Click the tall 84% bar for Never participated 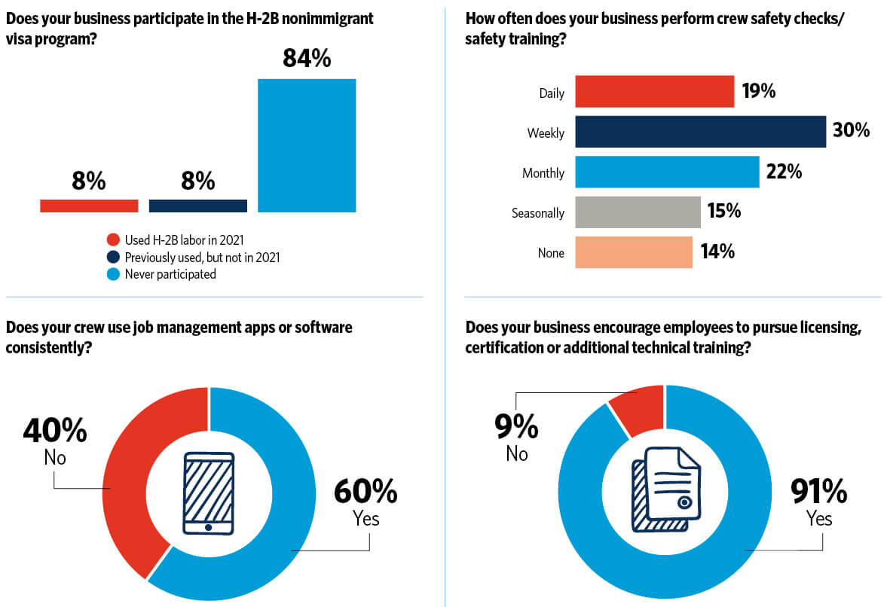click(x=307, y=145)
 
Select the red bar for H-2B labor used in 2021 click(x=89, y=206)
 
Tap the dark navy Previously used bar click(x=198, y=206)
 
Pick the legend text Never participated click(x=170, y=274)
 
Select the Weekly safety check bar click(x=700, y=132)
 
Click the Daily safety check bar click(x=654, y=92)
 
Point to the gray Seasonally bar click(x=638, y=212)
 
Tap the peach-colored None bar click(x=633, y=252)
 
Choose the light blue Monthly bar click(x=667, y=172)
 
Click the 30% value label click(x=851, y=131)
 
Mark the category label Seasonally click(x=537, y=213)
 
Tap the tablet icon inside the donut click(x=208, y=494)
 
